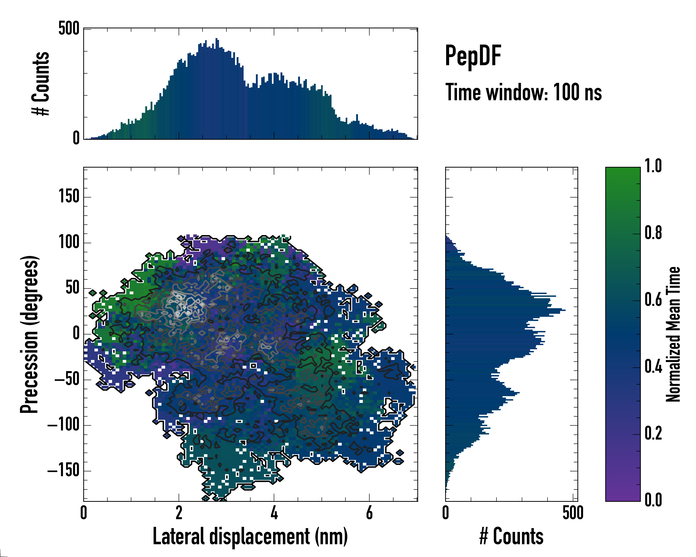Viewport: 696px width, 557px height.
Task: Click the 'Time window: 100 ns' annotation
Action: (523, 92)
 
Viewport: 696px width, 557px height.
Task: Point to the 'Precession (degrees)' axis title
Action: (30, 334)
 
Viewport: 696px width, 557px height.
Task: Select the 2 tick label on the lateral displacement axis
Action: (179, 513)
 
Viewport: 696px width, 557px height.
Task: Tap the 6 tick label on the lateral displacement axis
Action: (369, 513)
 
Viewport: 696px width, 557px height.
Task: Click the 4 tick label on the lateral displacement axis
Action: (274, 513)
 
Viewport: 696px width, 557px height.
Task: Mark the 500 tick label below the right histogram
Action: (573, 513)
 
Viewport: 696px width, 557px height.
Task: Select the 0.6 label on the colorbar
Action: (653, 300)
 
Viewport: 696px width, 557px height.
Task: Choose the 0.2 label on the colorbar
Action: (653, 434)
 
